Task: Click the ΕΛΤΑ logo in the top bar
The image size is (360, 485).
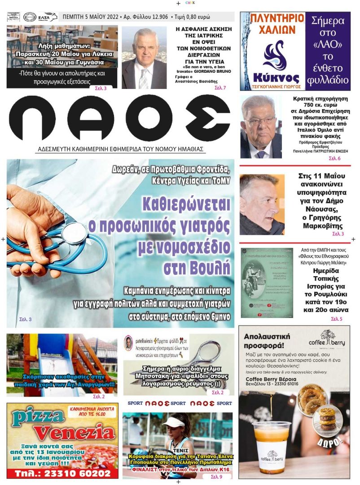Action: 48,17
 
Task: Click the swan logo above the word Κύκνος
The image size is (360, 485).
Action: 273,53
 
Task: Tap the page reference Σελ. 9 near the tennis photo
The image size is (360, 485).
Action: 216,476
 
